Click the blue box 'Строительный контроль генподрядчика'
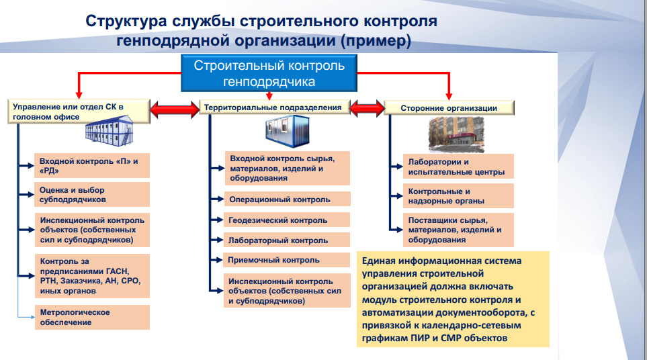point(269,74)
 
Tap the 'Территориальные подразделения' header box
point(276,107)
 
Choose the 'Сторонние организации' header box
point(449,107)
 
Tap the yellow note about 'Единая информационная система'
point(453,299)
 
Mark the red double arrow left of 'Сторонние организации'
point(366,107)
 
